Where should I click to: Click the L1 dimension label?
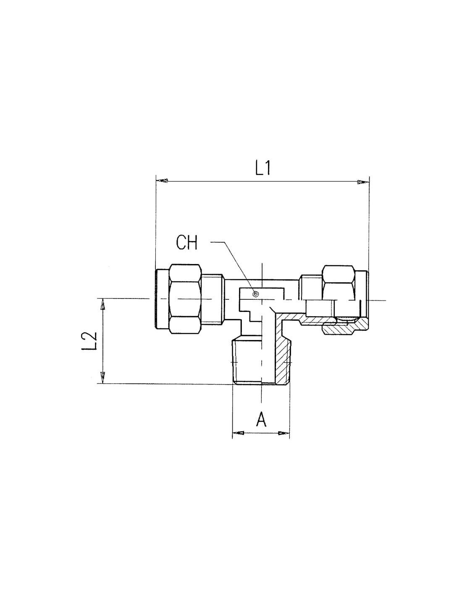tap(262, 168)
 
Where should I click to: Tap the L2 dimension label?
tap(89, 341)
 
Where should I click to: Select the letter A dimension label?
tap(261, 419)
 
